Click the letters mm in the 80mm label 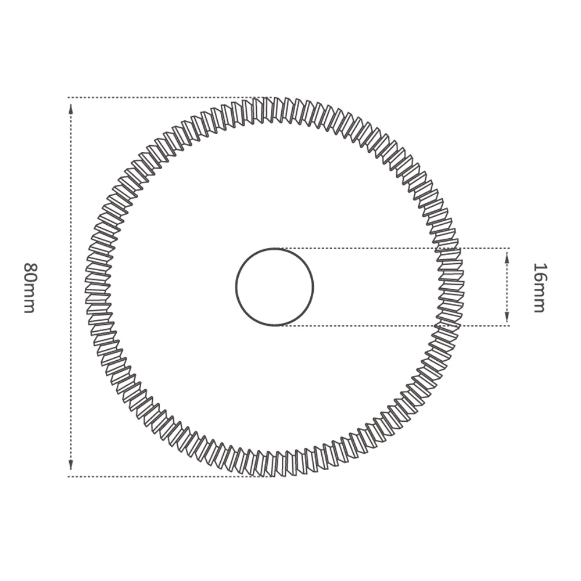click(29, 300)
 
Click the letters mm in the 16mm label click(539, 300)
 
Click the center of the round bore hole click(275, 287)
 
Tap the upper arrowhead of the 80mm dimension click(71, 108)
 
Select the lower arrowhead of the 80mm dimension click(71, 465)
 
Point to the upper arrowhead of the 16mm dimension click(507, 258)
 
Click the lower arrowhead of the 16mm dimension click(507, 316)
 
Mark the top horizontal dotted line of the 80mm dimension click(163, 98)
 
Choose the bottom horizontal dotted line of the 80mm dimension click(163, 476)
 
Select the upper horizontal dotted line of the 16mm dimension click(395, 249)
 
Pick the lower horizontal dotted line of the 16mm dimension click(395, 325)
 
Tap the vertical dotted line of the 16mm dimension click(507, 287)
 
